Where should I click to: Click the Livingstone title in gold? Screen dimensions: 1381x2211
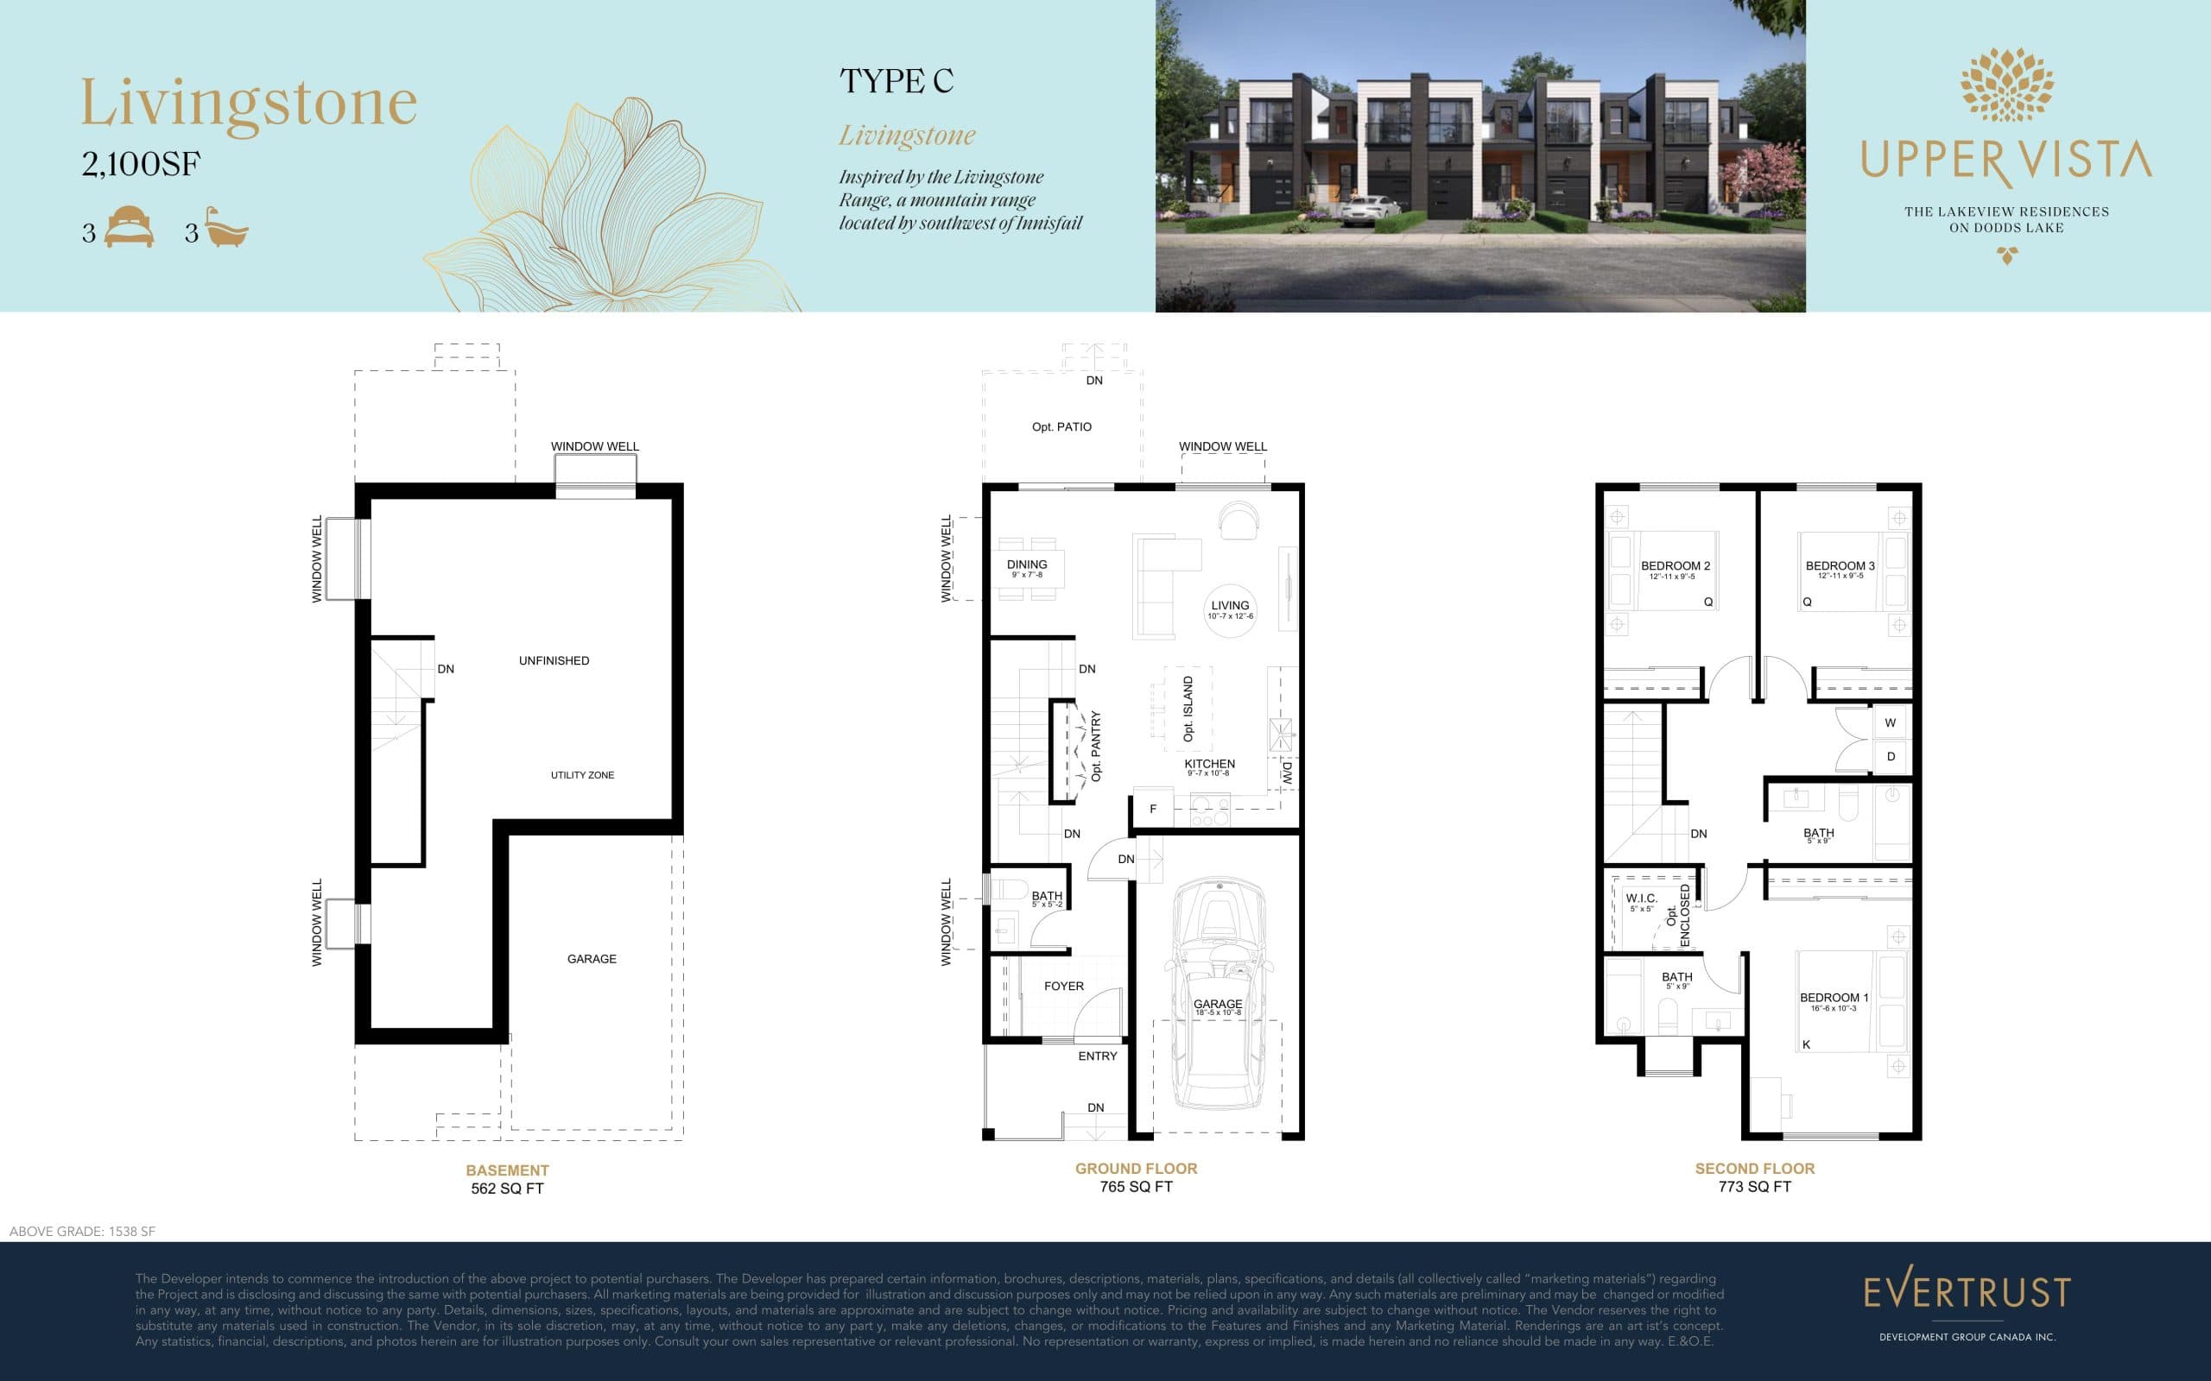point(249,104)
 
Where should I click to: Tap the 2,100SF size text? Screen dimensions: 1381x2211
point(141,164)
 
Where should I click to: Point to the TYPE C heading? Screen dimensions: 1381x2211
point(896,81)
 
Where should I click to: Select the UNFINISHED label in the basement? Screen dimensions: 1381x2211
point(554,660)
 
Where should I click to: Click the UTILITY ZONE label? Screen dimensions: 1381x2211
point(582,774)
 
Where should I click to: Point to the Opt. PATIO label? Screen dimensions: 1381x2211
point(1061,426)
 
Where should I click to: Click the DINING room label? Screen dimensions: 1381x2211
point(1027,564)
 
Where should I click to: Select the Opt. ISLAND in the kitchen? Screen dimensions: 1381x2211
point(1188,709)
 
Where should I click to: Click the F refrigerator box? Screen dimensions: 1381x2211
point(1153,809)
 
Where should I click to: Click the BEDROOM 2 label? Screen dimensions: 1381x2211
point(1675,566)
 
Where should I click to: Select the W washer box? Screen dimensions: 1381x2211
point(1890,722)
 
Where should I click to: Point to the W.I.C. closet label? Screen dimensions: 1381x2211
point(1641,899)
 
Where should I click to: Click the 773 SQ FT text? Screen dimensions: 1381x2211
point(1754,1187)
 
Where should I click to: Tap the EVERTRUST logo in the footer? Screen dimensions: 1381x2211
point(1966,1291)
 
